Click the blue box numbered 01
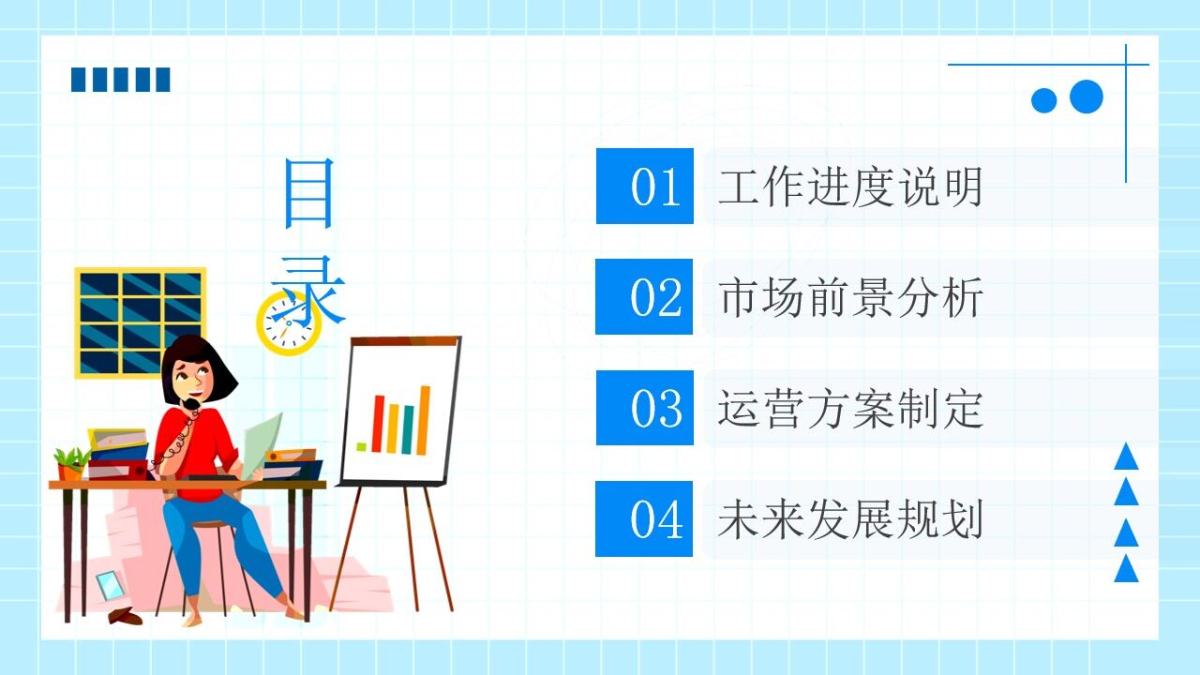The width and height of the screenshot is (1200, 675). coord(644,186)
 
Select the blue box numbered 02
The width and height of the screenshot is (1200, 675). coord(644,296)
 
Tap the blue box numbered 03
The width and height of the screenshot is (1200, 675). coord(644,407)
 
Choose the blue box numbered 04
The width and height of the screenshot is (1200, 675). coord(644,518)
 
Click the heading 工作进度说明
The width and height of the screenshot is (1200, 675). coord(850,187)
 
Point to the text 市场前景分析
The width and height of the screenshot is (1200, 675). coord(850,298)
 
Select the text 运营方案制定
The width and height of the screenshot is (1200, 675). coord(850,409)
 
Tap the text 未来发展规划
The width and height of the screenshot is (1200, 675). coord(850,519)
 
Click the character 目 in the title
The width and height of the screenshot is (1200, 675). coord(308,194)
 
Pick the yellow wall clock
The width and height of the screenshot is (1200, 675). coord(288,323)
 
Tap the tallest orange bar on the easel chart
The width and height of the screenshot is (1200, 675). coord(424,420)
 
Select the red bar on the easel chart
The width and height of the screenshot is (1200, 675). coord(377,424)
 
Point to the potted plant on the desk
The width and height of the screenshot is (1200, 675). coord(70,464)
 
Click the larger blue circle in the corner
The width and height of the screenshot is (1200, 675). coord(1086,96)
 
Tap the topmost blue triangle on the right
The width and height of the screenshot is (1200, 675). coord(1126,458)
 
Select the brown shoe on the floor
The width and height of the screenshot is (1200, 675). coord(125,616)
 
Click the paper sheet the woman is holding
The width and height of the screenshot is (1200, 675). coord(262,441)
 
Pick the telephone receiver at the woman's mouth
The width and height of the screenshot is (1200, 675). coord(190,405)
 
